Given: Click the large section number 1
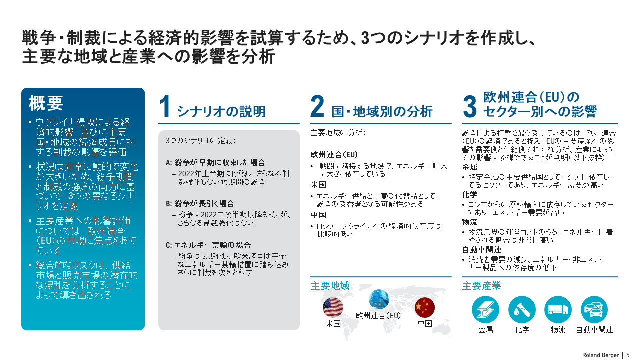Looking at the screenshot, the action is pos(166,107).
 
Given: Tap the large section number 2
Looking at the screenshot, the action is pos(318,107).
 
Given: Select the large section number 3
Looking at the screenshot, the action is pos(470,107).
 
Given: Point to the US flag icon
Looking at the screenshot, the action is pos(333,307).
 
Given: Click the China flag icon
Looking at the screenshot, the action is pos(425,307).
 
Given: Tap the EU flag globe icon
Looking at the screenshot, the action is pos(379,299).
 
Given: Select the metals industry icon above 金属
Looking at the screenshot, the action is pos(485,309).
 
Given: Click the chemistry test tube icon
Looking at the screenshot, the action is pos(522,309).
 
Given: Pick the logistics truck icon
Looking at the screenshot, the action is pos(558,309).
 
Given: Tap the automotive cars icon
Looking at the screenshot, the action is pos(594,309).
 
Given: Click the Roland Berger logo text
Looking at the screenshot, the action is pos(600,355).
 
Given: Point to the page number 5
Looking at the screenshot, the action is pos(628,355).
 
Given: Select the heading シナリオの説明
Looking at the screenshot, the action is pos(221,111).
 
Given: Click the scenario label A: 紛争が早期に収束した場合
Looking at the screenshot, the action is pos(215,163).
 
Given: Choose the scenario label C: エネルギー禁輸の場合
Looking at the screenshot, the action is pos(208,245).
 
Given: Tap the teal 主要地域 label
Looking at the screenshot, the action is pos(330,286).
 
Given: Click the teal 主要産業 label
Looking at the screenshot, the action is pos(481,286).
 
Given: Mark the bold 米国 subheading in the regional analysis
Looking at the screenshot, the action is pos(318,185).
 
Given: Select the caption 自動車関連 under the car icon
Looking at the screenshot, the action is pos(594,330).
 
